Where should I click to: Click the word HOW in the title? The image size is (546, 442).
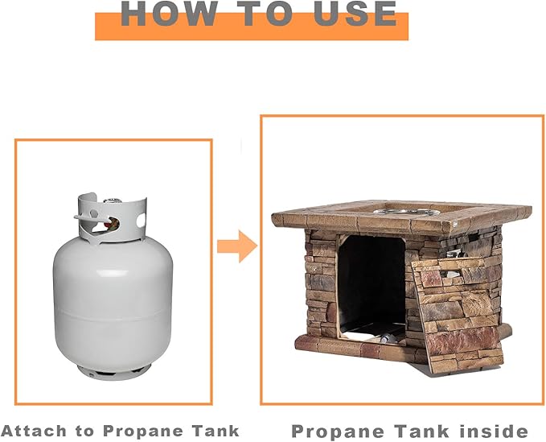(x=169, y=13)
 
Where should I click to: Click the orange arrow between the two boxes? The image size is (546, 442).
(x=237, y=246)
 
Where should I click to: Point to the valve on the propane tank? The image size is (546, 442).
(x=112, y=221)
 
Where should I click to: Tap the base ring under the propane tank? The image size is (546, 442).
(x=114, y=372)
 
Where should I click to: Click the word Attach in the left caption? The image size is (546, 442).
(x=34, y=431)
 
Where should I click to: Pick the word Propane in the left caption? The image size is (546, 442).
(x=143, y=432)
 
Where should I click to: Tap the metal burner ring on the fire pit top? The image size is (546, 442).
(x=406, y=212)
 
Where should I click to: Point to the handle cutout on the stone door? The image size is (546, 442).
(x=452, y=273)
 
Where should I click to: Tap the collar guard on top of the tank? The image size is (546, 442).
(x=112, y=217)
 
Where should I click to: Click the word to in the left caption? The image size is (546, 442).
(x=85, y=432)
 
